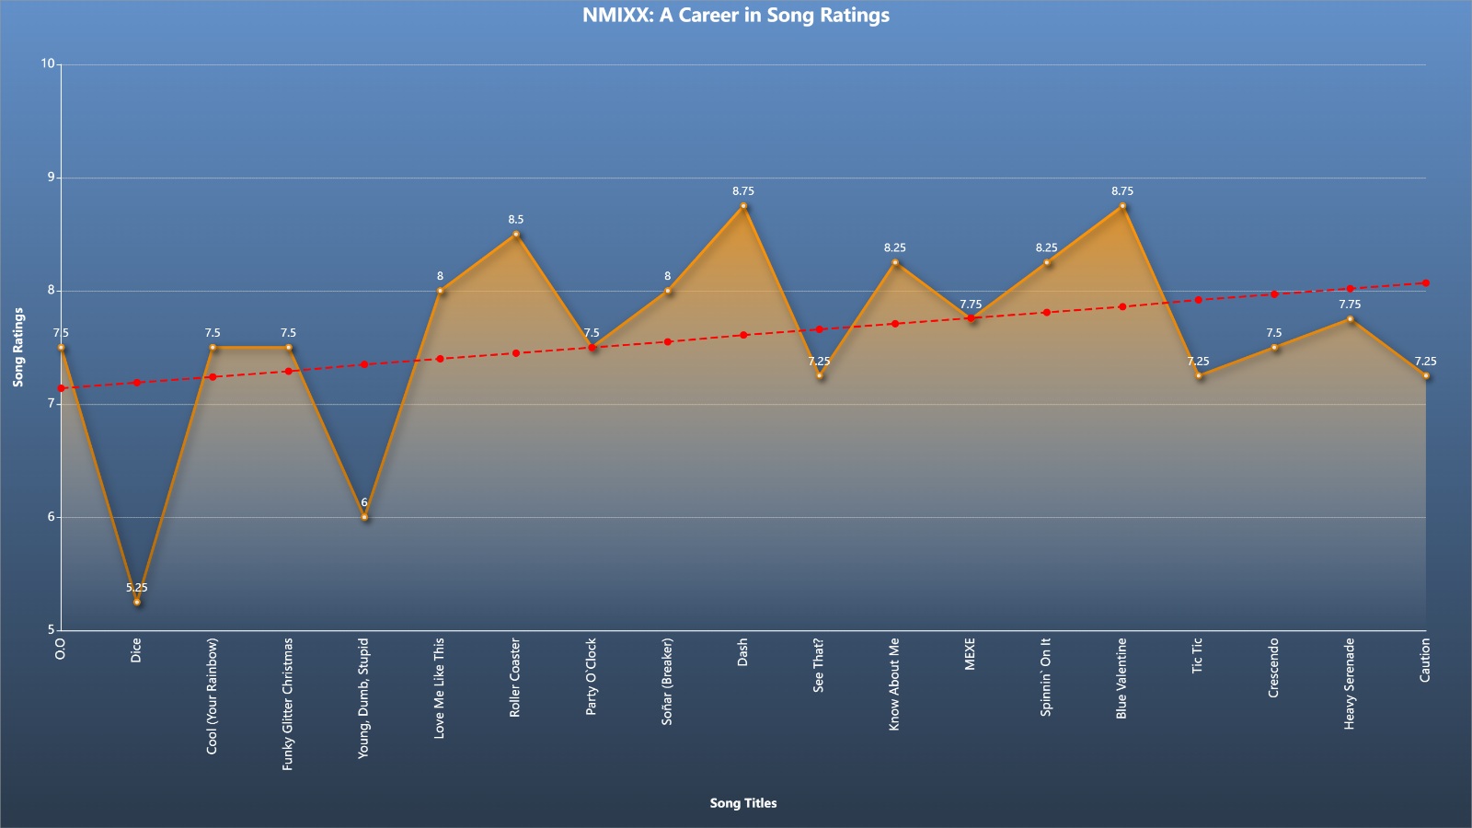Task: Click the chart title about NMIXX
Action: [735, 15]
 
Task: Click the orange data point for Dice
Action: [137, 602]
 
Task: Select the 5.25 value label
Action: [137, 588]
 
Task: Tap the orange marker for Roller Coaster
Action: [516, 234]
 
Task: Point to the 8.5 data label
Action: [516, 220]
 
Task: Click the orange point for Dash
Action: [743, 206]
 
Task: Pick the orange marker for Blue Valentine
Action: [1122, 206]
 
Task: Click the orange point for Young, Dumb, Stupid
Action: [364, 517]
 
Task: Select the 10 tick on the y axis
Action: [48, 63]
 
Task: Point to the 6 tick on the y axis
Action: [52, 516]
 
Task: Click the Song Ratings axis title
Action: [18, 347]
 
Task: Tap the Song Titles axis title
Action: [743, 803]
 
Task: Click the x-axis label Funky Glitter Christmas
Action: [287, 704]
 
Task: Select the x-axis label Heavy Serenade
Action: [1349, 684]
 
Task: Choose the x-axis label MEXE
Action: [970, 654]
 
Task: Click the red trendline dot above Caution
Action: [1426, 283]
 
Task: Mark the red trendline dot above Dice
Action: [137, 383]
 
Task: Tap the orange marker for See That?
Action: [820, 375]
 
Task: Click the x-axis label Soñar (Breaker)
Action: [667, 682]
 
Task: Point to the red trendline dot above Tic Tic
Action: [1199, 300]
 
